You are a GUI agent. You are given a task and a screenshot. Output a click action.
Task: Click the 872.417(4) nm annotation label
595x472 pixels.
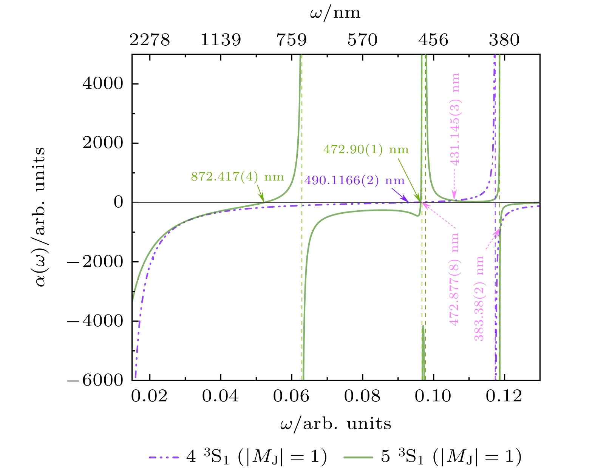click(237, 177)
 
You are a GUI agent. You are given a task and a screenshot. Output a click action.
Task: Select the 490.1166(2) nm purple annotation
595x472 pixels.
click(354, 180)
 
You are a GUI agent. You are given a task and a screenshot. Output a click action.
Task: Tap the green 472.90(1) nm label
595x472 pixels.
click(366, 150)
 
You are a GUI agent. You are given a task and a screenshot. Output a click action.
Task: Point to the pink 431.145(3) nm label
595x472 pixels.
click(455, 119)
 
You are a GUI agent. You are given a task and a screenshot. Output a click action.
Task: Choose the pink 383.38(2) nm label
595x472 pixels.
click(479, 298)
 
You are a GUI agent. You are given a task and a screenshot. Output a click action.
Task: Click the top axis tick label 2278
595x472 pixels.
click(150, 40)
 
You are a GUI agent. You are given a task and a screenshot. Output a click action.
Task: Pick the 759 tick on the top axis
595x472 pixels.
click(292, 40)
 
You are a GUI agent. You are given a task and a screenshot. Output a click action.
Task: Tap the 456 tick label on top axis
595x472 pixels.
click(433, 40)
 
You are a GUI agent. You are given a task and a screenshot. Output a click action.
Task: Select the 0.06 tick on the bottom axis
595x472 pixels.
click(292, 396)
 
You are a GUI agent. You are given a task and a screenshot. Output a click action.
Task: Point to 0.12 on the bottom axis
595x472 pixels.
click(504, 396)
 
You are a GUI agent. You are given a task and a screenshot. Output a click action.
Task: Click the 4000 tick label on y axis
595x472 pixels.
click(103, 83)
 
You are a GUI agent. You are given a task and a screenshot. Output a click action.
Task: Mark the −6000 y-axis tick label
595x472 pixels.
click(96, 380)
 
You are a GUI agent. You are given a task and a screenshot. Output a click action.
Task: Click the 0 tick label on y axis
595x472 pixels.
click(118, 202)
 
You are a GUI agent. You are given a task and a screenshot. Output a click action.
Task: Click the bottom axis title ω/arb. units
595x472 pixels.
click(335, 424)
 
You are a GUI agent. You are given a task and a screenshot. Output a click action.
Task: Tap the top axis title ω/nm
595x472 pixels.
click(335, 13)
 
